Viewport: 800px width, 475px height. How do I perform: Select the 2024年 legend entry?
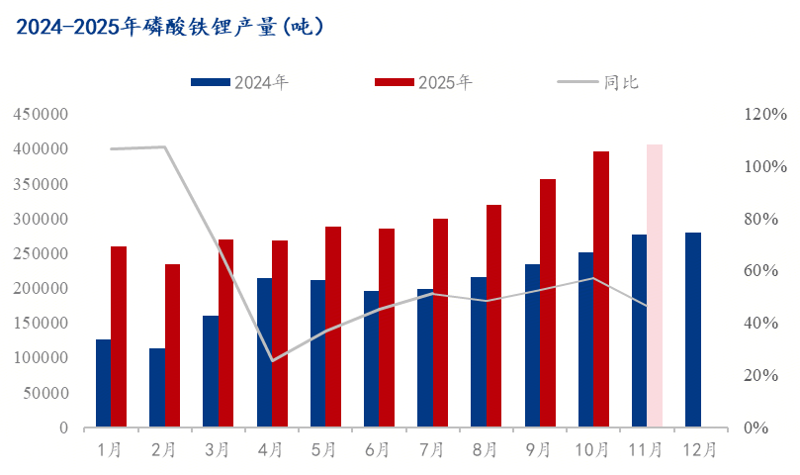[x=241, y=83]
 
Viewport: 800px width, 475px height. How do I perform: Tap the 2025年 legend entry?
[x=425, y=83]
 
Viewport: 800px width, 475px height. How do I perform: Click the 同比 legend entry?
[x=602, y=83]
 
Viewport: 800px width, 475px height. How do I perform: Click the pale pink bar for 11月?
[x=655, y=286]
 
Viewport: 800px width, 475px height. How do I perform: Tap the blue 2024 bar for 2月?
[x=157, y=388]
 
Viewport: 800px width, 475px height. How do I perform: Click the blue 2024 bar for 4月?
[x=264, y=352]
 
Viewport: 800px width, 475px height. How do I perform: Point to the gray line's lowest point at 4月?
[x=272, y=360]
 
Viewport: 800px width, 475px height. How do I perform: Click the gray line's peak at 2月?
[x=164, y=147]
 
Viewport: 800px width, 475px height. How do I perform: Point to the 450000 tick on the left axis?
[x=41, y=115]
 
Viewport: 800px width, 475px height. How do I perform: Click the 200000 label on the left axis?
[x=41, y=289]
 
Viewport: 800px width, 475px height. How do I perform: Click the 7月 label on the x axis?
[x=432, y=450]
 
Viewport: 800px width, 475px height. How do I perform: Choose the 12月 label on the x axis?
[x=700, y=450]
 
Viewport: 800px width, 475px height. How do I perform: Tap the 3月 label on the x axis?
[x=218, y=450]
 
